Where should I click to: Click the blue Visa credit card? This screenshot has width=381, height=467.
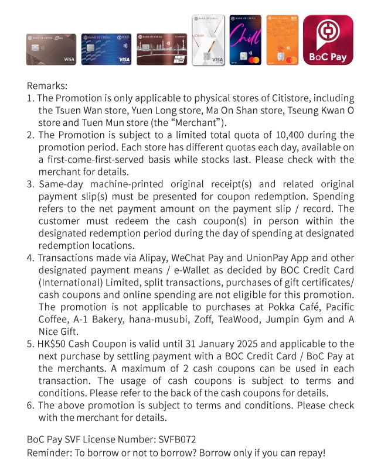click(106, 49)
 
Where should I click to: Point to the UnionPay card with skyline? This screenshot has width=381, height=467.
click(159, 49)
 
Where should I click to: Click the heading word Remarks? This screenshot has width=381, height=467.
click(47, 85)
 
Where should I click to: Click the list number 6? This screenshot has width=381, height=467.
click(30, 405)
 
